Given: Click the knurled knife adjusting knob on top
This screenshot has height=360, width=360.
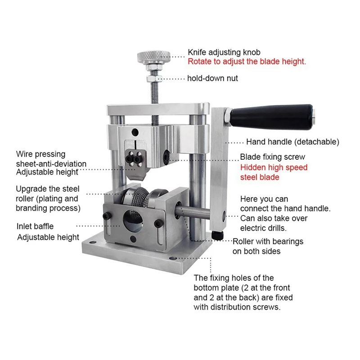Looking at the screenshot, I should (154, 57).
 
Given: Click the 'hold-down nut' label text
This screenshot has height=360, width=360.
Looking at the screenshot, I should (212, 78).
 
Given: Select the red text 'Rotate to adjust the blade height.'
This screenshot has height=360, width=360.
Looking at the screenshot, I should (247, 62).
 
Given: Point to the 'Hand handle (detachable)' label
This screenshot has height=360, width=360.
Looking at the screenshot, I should (292, 142).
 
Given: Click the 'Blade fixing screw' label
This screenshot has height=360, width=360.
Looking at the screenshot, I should (273, 157).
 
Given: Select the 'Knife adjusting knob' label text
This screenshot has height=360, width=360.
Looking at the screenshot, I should (224, 52).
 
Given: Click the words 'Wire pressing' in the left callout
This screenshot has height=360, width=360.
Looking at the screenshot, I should (40, 154).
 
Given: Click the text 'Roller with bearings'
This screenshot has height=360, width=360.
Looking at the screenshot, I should (268, 242).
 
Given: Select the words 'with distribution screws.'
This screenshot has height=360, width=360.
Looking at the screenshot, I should (237, 307).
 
